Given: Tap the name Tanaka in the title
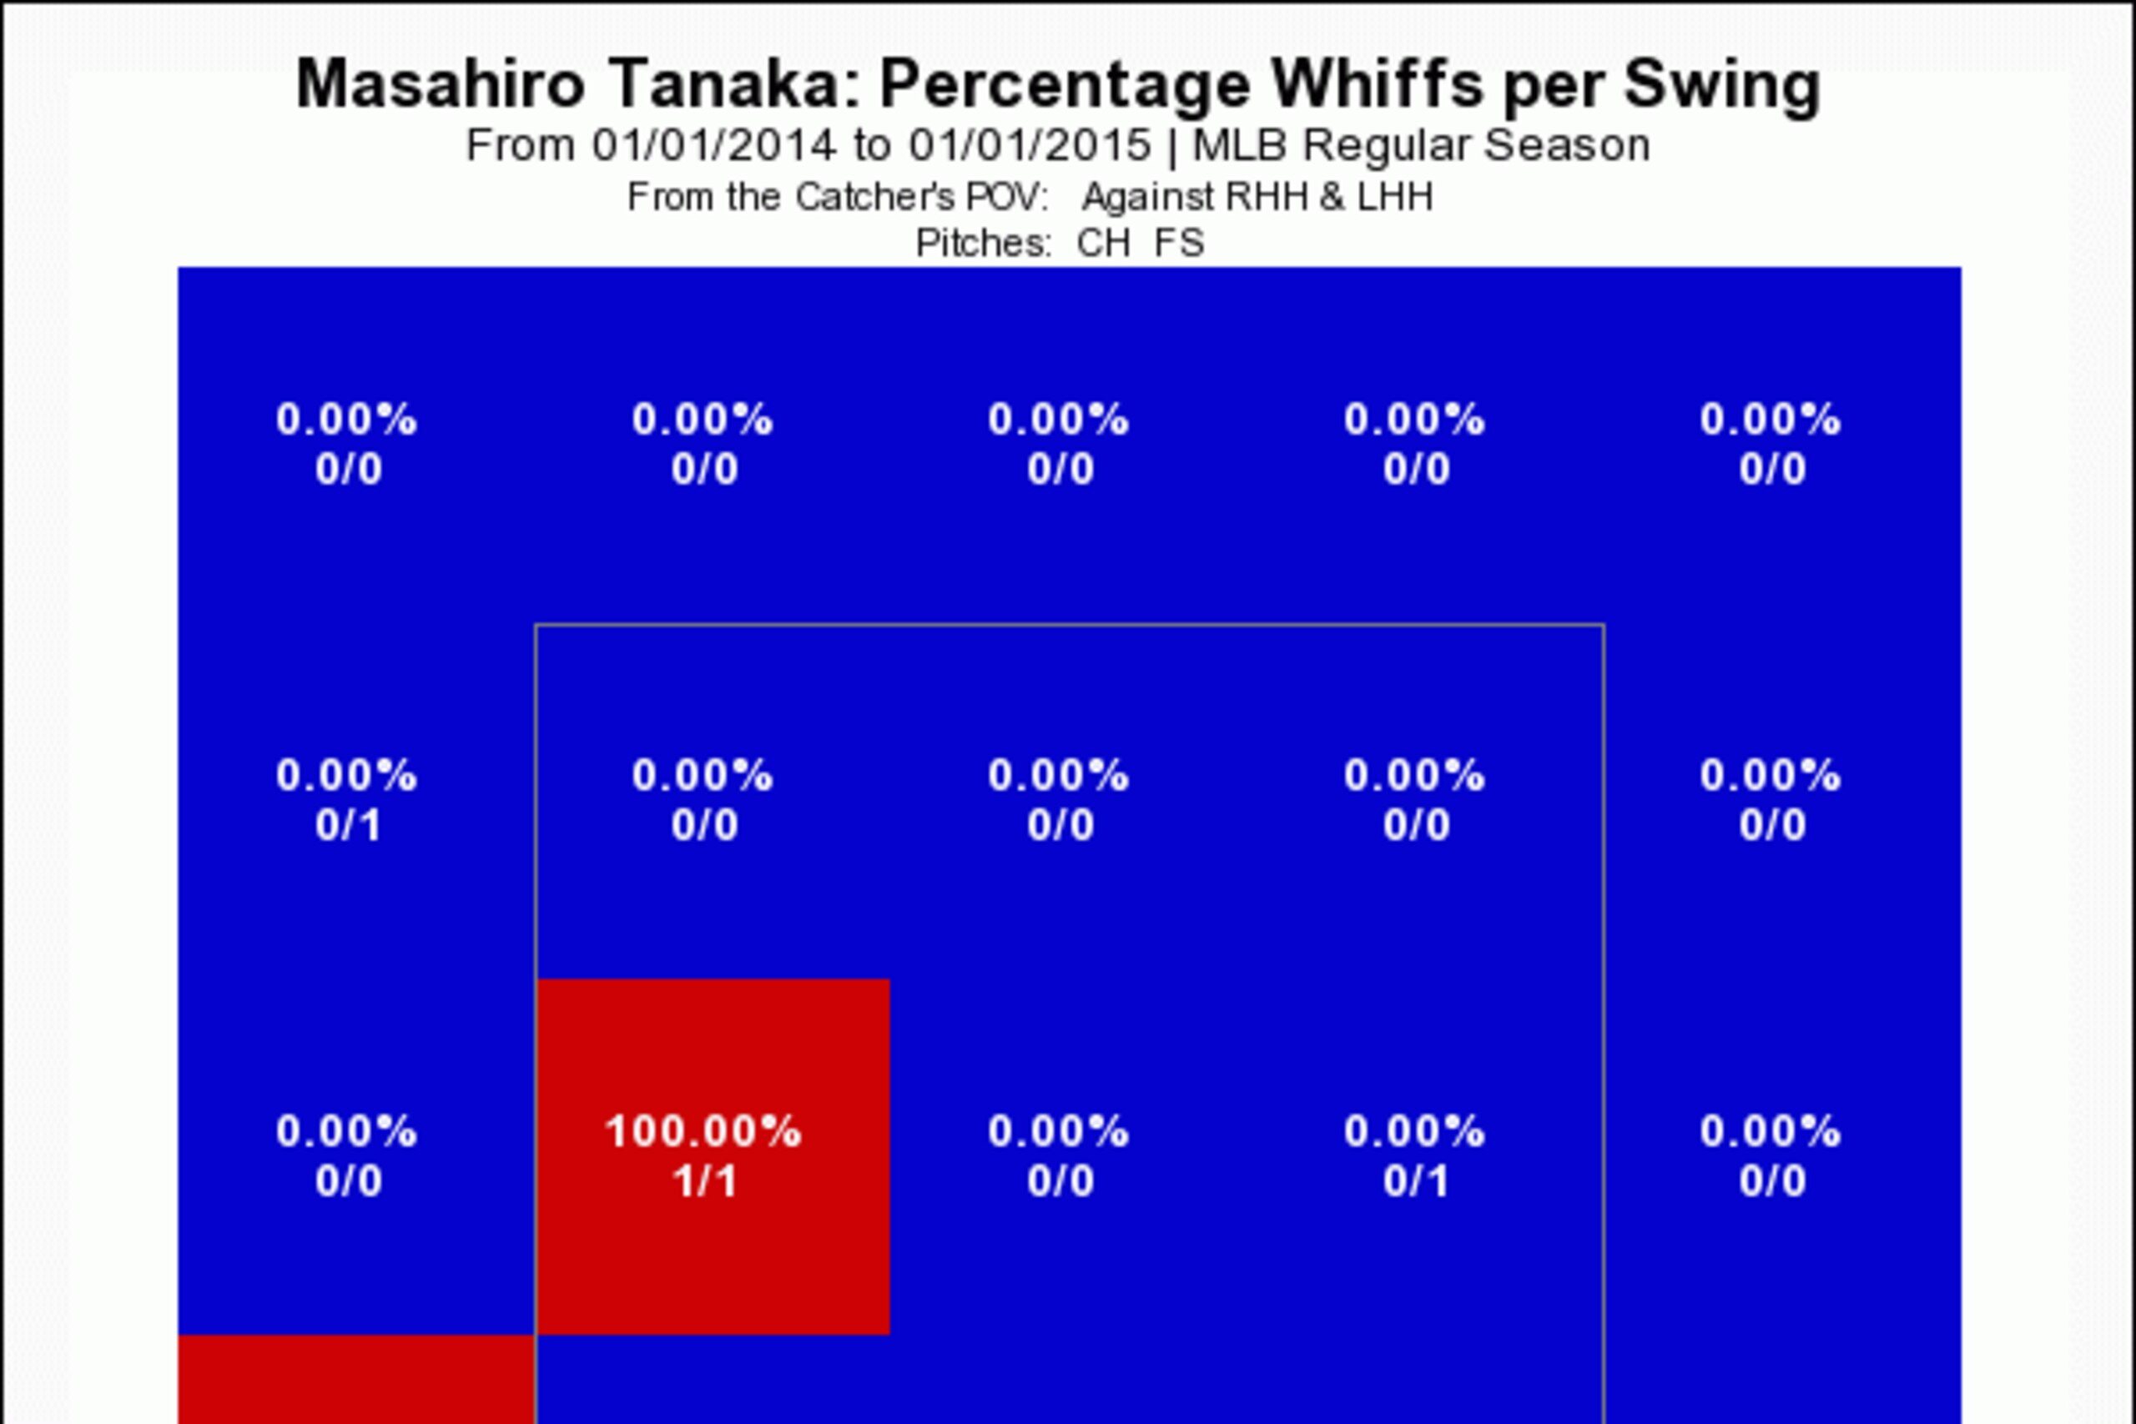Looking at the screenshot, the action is click(x=733, y=83).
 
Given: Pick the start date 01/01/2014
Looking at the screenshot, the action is click(x=713, y=145).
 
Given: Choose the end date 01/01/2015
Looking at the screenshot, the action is click(x=1030, y=145).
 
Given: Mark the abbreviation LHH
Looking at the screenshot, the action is click(x=1395, y=197).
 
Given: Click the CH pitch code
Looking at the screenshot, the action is click(x=1103, y=244).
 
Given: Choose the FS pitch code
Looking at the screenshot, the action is click(x=1180, y=244).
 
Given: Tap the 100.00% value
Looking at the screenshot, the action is click(x=704, y=1131).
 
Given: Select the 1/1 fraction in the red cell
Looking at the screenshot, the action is click(x=704, y=1181).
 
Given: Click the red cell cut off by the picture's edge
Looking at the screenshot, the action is click(x=356, y=1379).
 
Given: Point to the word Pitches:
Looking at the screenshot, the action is click(x=984, y=244).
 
